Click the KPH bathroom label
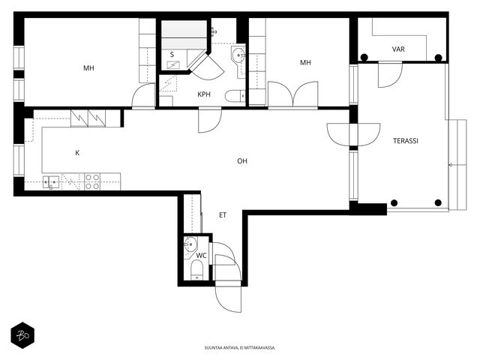[x=204, y=94]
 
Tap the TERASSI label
[x=406, y=141]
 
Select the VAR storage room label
[x=398, y=49]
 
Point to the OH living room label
[x=242, y=161]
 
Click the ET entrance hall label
[x=223, y=215]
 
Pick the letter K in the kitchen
[x=77, y=153]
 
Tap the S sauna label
[x=172, y=55]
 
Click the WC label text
[x=201, y=255]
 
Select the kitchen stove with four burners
[x=92, y=181]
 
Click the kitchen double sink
[x=51, y=181]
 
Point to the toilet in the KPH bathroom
[x=235, y=96]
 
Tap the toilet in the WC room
[x=196, y=270]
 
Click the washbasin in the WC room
[x=190, y=244]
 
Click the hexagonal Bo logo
[x=22, y=335]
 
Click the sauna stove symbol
[x=173, y=64]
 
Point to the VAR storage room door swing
[x=390, y=75]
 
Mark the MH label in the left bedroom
[x=88, y=68]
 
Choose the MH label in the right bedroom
[x=305, y=62]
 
